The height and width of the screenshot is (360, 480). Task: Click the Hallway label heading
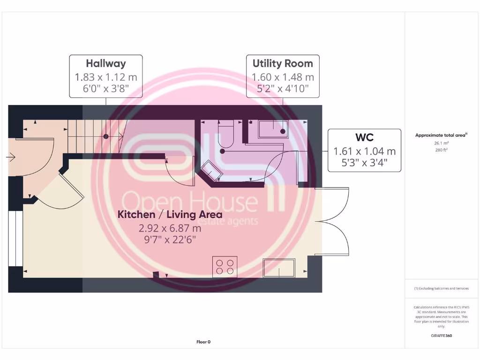click(106, 63)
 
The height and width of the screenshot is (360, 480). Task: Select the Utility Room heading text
click(283, 63)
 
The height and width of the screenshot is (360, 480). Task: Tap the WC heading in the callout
click(364, 137)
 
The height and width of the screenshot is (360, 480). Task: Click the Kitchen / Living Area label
click(170, 215)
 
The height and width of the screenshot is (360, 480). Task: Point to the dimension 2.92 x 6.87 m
click(170, 228)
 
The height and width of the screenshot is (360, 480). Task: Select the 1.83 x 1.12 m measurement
click(106, 77)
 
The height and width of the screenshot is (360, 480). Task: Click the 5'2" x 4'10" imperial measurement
click(283, 89)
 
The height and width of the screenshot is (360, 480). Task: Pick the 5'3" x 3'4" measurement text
click(364, 164)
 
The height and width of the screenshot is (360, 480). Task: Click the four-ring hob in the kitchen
click(225, 267)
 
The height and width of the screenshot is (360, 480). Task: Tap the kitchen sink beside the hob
click(279, 268)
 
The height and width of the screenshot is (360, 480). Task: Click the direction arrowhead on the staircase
click(121, 136)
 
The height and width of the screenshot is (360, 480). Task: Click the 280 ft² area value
click(441, 150)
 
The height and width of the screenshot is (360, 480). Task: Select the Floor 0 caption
click(203, 342)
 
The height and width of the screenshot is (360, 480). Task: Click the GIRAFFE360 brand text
click(441, 336)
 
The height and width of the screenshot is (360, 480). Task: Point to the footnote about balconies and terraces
click(441, 288)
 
